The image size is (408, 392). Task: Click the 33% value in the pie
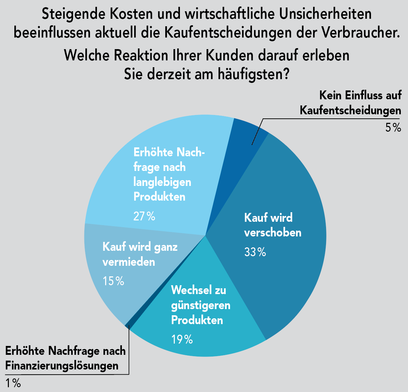tap(255, 252)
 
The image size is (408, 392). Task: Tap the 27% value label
tap(144, 216)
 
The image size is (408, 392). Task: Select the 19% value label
tap(182, 339)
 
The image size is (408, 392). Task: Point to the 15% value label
tap(113, 281)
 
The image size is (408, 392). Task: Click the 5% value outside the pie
tap(393, 128)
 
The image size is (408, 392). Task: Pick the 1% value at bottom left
tap(13, 383)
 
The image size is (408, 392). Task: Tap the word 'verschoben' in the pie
tap(273, 233)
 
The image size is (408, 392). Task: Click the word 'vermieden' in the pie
tap(129, 262)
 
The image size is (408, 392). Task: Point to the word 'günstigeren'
tap(200, 305)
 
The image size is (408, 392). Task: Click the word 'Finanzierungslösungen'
tap(62, 366)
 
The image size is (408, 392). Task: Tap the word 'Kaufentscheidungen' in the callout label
tap(350, 110)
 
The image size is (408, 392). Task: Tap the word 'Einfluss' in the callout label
tap(361, 95)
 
